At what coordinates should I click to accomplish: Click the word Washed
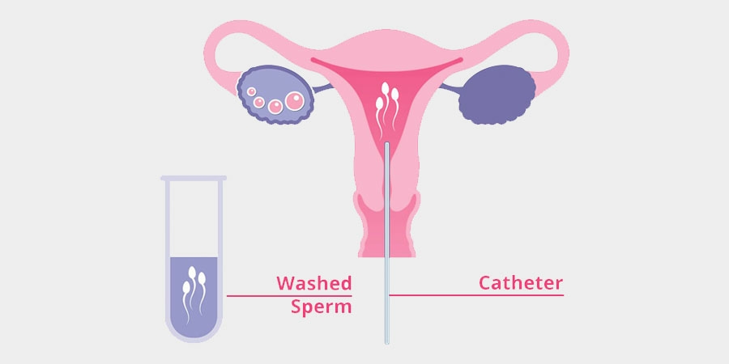313,283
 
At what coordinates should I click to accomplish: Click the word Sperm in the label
322,308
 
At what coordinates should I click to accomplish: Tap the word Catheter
521,283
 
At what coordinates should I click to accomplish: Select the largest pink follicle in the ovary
294,101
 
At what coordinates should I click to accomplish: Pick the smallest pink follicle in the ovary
252,91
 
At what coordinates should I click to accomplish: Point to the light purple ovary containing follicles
275,95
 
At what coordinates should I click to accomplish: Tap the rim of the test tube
194,178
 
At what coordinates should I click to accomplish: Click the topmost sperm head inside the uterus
385,87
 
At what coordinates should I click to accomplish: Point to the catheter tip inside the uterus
386,144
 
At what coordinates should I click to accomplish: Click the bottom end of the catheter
386,342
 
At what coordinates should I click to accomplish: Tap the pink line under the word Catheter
476,295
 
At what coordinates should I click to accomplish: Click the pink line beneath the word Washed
289,296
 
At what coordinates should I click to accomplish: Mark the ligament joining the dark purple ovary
450,88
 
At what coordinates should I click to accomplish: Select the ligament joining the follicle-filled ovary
322,88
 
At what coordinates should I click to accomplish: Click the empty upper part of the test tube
194,218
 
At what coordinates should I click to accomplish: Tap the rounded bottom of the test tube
194,338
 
